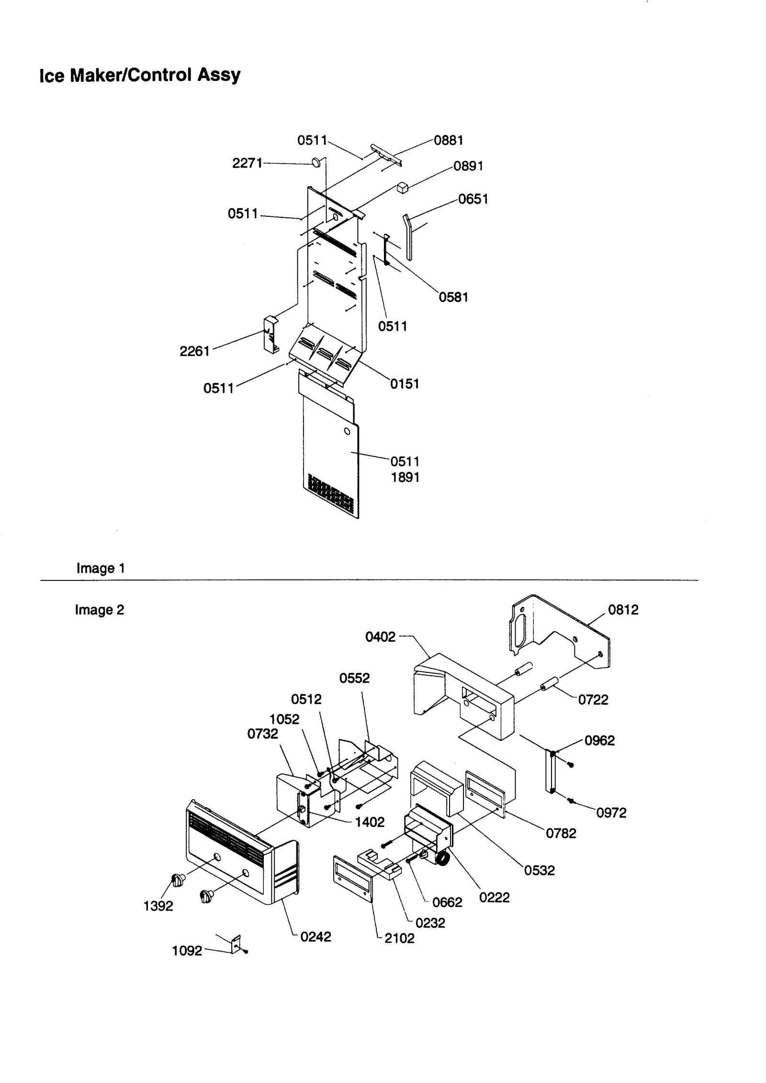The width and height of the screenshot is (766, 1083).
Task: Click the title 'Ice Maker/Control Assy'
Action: (140, 75)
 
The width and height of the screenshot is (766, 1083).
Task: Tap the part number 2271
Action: (247, 163)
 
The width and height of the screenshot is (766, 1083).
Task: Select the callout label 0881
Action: (449, 140)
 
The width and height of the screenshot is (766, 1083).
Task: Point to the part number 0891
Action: (468, 166)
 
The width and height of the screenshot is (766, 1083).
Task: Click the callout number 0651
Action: (473, 199)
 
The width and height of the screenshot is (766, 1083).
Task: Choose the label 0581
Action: (453, 297)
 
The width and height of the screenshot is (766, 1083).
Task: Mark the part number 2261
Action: (194, 351)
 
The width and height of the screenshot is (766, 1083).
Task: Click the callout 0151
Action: (405, 384)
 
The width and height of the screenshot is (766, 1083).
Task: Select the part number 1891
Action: (405, 477)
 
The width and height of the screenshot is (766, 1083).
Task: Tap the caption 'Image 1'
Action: (101, 568)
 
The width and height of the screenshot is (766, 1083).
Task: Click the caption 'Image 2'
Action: (100, 610)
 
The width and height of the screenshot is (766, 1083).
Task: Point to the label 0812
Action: (623, 610)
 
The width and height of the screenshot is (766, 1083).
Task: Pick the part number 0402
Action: (380, 637)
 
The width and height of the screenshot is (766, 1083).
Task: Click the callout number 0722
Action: (593, 700)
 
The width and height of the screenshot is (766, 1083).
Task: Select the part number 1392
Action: (158, 906)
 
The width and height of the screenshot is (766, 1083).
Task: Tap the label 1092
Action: (187, 951)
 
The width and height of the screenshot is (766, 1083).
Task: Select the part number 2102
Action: (399, 938)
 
